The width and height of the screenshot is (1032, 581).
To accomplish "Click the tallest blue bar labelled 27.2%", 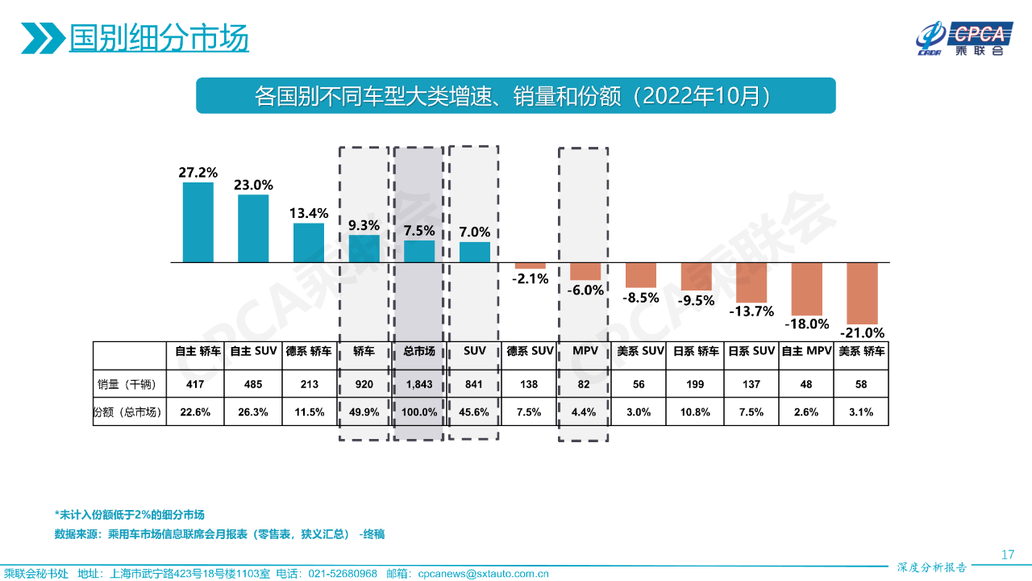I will (x=198, y=222).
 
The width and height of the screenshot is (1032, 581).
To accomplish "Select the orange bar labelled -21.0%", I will (x=862, y=293).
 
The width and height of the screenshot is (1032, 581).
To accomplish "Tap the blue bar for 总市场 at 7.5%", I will (x=419, y=251).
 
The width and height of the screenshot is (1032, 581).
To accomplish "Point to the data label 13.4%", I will (x=309, y=213).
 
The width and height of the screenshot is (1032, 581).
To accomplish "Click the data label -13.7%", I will (x=751, y=311).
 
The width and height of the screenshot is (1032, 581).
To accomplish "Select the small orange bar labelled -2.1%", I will (x=531, y=265).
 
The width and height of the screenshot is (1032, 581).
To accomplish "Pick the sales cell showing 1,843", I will (x=419, y=385).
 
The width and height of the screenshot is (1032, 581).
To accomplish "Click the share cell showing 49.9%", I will (x=364, y=412).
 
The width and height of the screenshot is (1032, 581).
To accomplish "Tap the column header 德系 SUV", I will (x=530, y=352).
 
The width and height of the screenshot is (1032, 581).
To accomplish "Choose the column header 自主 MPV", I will (x=806, y=352).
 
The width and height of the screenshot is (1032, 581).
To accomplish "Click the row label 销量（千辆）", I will (x=130, y=385).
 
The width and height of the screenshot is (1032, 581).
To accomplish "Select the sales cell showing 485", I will (x=253, y=385).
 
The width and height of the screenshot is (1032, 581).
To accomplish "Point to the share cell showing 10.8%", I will (x=696, y=412).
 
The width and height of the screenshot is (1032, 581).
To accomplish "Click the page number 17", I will (x=1007, y=554).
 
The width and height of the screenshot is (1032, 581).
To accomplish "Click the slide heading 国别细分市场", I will (x=158, y=37).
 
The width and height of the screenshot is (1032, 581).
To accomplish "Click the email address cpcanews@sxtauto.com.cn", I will (x=483, y=574).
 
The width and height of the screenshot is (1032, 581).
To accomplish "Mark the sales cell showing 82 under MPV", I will (x=584, y=385).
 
